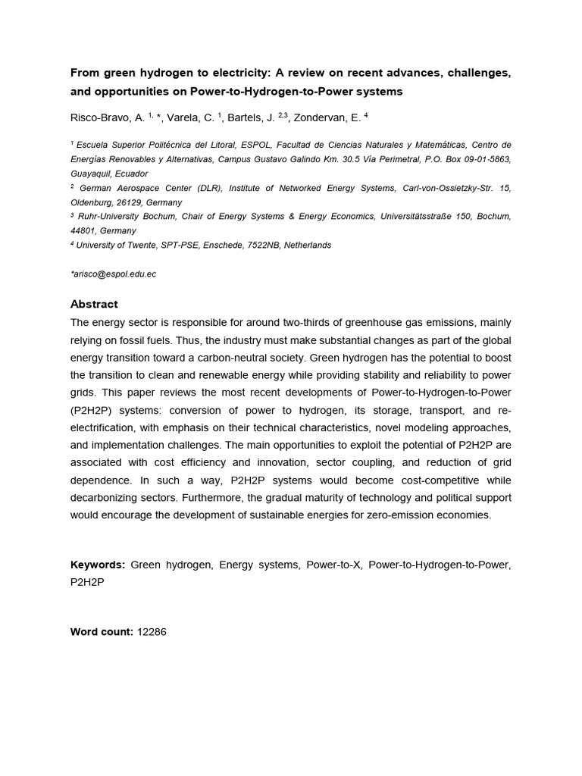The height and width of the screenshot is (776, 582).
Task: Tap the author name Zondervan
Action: click(325, 117)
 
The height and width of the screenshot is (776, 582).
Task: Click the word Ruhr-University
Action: click(106, 217)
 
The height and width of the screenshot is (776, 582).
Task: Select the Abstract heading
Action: click(94, 305)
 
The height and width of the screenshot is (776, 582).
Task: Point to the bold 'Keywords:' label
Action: click(98, 565)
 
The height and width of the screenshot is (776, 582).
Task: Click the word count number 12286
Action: click(151, 631)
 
